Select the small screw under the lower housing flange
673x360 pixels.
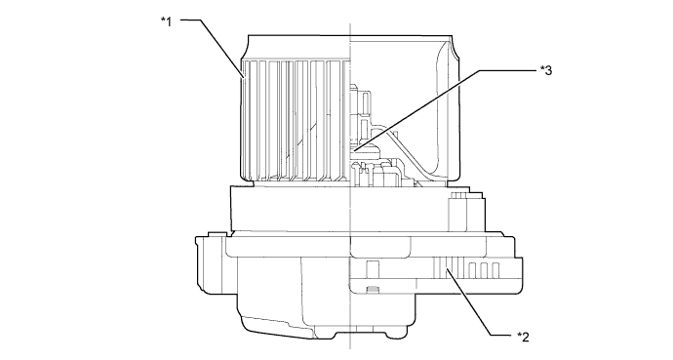[370, 288]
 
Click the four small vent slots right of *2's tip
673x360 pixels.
[484, 268]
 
